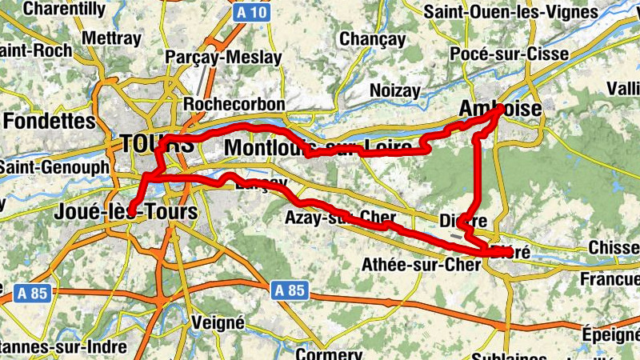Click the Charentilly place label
point(65,10)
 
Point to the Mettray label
point(111,38)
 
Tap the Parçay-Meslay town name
point(223,58)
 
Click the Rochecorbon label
point(234,105)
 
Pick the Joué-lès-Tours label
point(126,212)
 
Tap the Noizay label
point(394,91)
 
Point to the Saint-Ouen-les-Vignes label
point(511,12)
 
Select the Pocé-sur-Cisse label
point(509,54)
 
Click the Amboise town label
point(502,109)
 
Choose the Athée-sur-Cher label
point(421,264)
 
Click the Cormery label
point(329,354)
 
